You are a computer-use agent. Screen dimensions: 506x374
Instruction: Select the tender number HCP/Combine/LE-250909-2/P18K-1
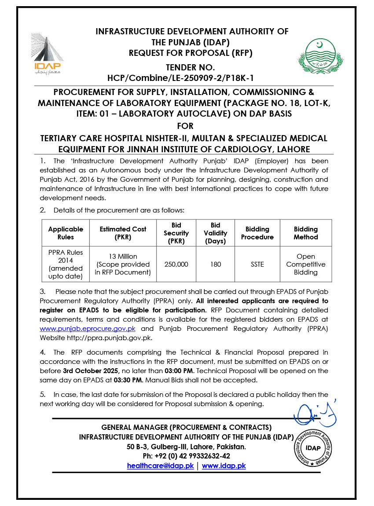181,78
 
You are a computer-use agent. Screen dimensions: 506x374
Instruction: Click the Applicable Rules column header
66,233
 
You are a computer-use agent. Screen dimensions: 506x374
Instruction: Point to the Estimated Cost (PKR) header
123,233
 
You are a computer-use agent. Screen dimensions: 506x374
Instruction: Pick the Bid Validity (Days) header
216,233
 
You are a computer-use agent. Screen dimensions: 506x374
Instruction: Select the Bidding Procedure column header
257,233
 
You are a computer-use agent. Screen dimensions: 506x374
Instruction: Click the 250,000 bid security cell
176,264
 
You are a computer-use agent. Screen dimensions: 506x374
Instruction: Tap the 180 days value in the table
216,264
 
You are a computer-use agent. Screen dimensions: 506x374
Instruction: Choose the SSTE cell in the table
257,264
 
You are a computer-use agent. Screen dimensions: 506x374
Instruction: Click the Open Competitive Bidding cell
306,264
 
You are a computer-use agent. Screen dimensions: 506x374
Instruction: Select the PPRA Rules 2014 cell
66,264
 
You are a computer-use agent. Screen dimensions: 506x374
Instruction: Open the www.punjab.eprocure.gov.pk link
88,329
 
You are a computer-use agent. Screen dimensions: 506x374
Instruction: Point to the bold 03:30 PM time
128,379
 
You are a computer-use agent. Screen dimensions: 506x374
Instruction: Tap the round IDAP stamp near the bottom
313,448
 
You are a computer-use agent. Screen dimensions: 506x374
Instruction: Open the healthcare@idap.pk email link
161,466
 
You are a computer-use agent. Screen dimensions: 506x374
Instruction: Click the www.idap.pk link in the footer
224,466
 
